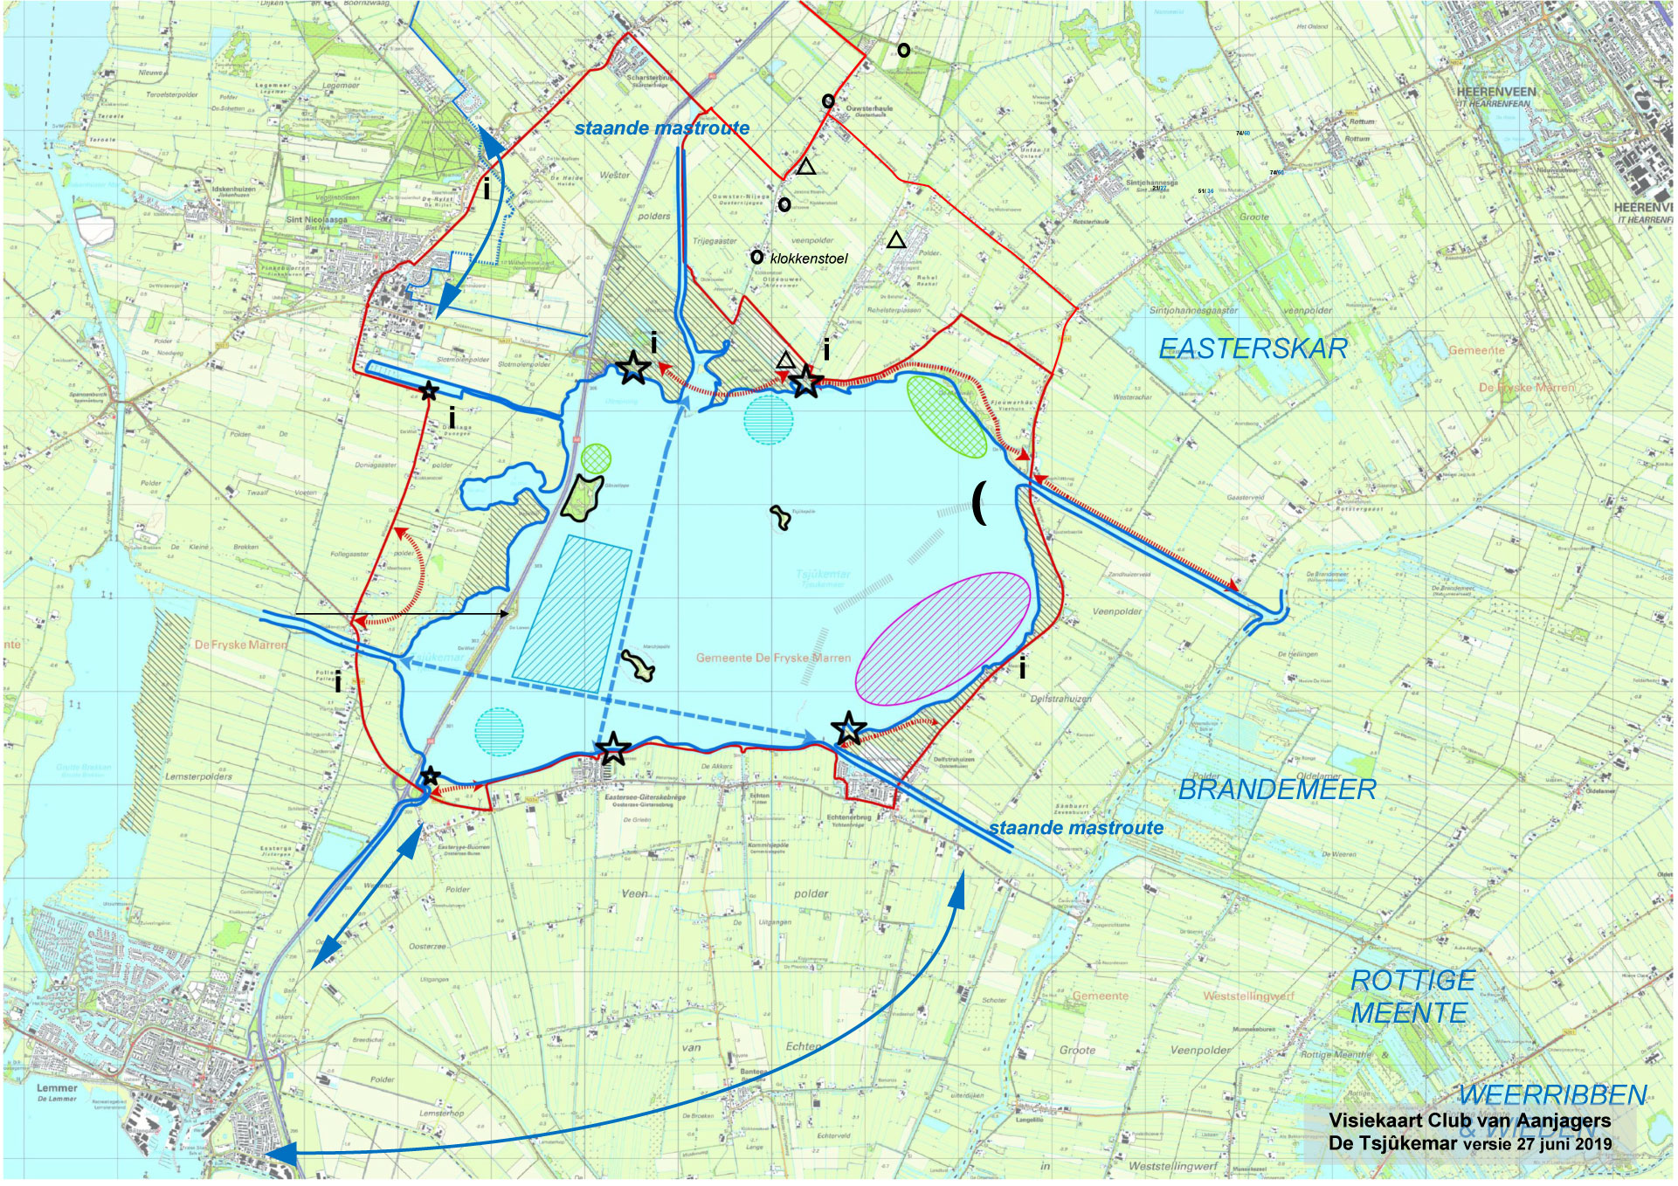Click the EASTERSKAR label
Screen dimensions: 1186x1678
1253,348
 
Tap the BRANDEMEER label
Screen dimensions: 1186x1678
1277,790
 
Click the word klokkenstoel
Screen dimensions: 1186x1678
808,259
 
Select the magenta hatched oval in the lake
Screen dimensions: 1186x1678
943,638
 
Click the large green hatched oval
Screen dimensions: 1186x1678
946,416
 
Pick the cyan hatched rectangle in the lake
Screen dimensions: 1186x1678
573,614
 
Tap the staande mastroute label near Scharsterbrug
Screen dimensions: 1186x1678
661,128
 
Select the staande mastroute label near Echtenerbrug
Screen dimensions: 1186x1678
1075,828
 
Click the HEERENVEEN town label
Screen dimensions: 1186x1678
1495,92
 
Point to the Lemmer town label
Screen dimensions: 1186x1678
57,1088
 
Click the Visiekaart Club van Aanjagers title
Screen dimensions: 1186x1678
1469,1120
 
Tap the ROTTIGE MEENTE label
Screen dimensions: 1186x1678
1410,996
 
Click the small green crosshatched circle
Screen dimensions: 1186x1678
596,458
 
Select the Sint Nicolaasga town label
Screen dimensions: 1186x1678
316,220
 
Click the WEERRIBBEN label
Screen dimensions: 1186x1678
1551,1094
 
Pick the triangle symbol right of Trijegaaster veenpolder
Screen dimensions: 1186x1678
896,240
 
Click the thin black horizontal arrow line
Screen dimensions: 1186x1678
402,614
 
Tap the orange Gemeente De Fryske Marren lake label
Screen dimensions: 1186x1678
772,658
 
